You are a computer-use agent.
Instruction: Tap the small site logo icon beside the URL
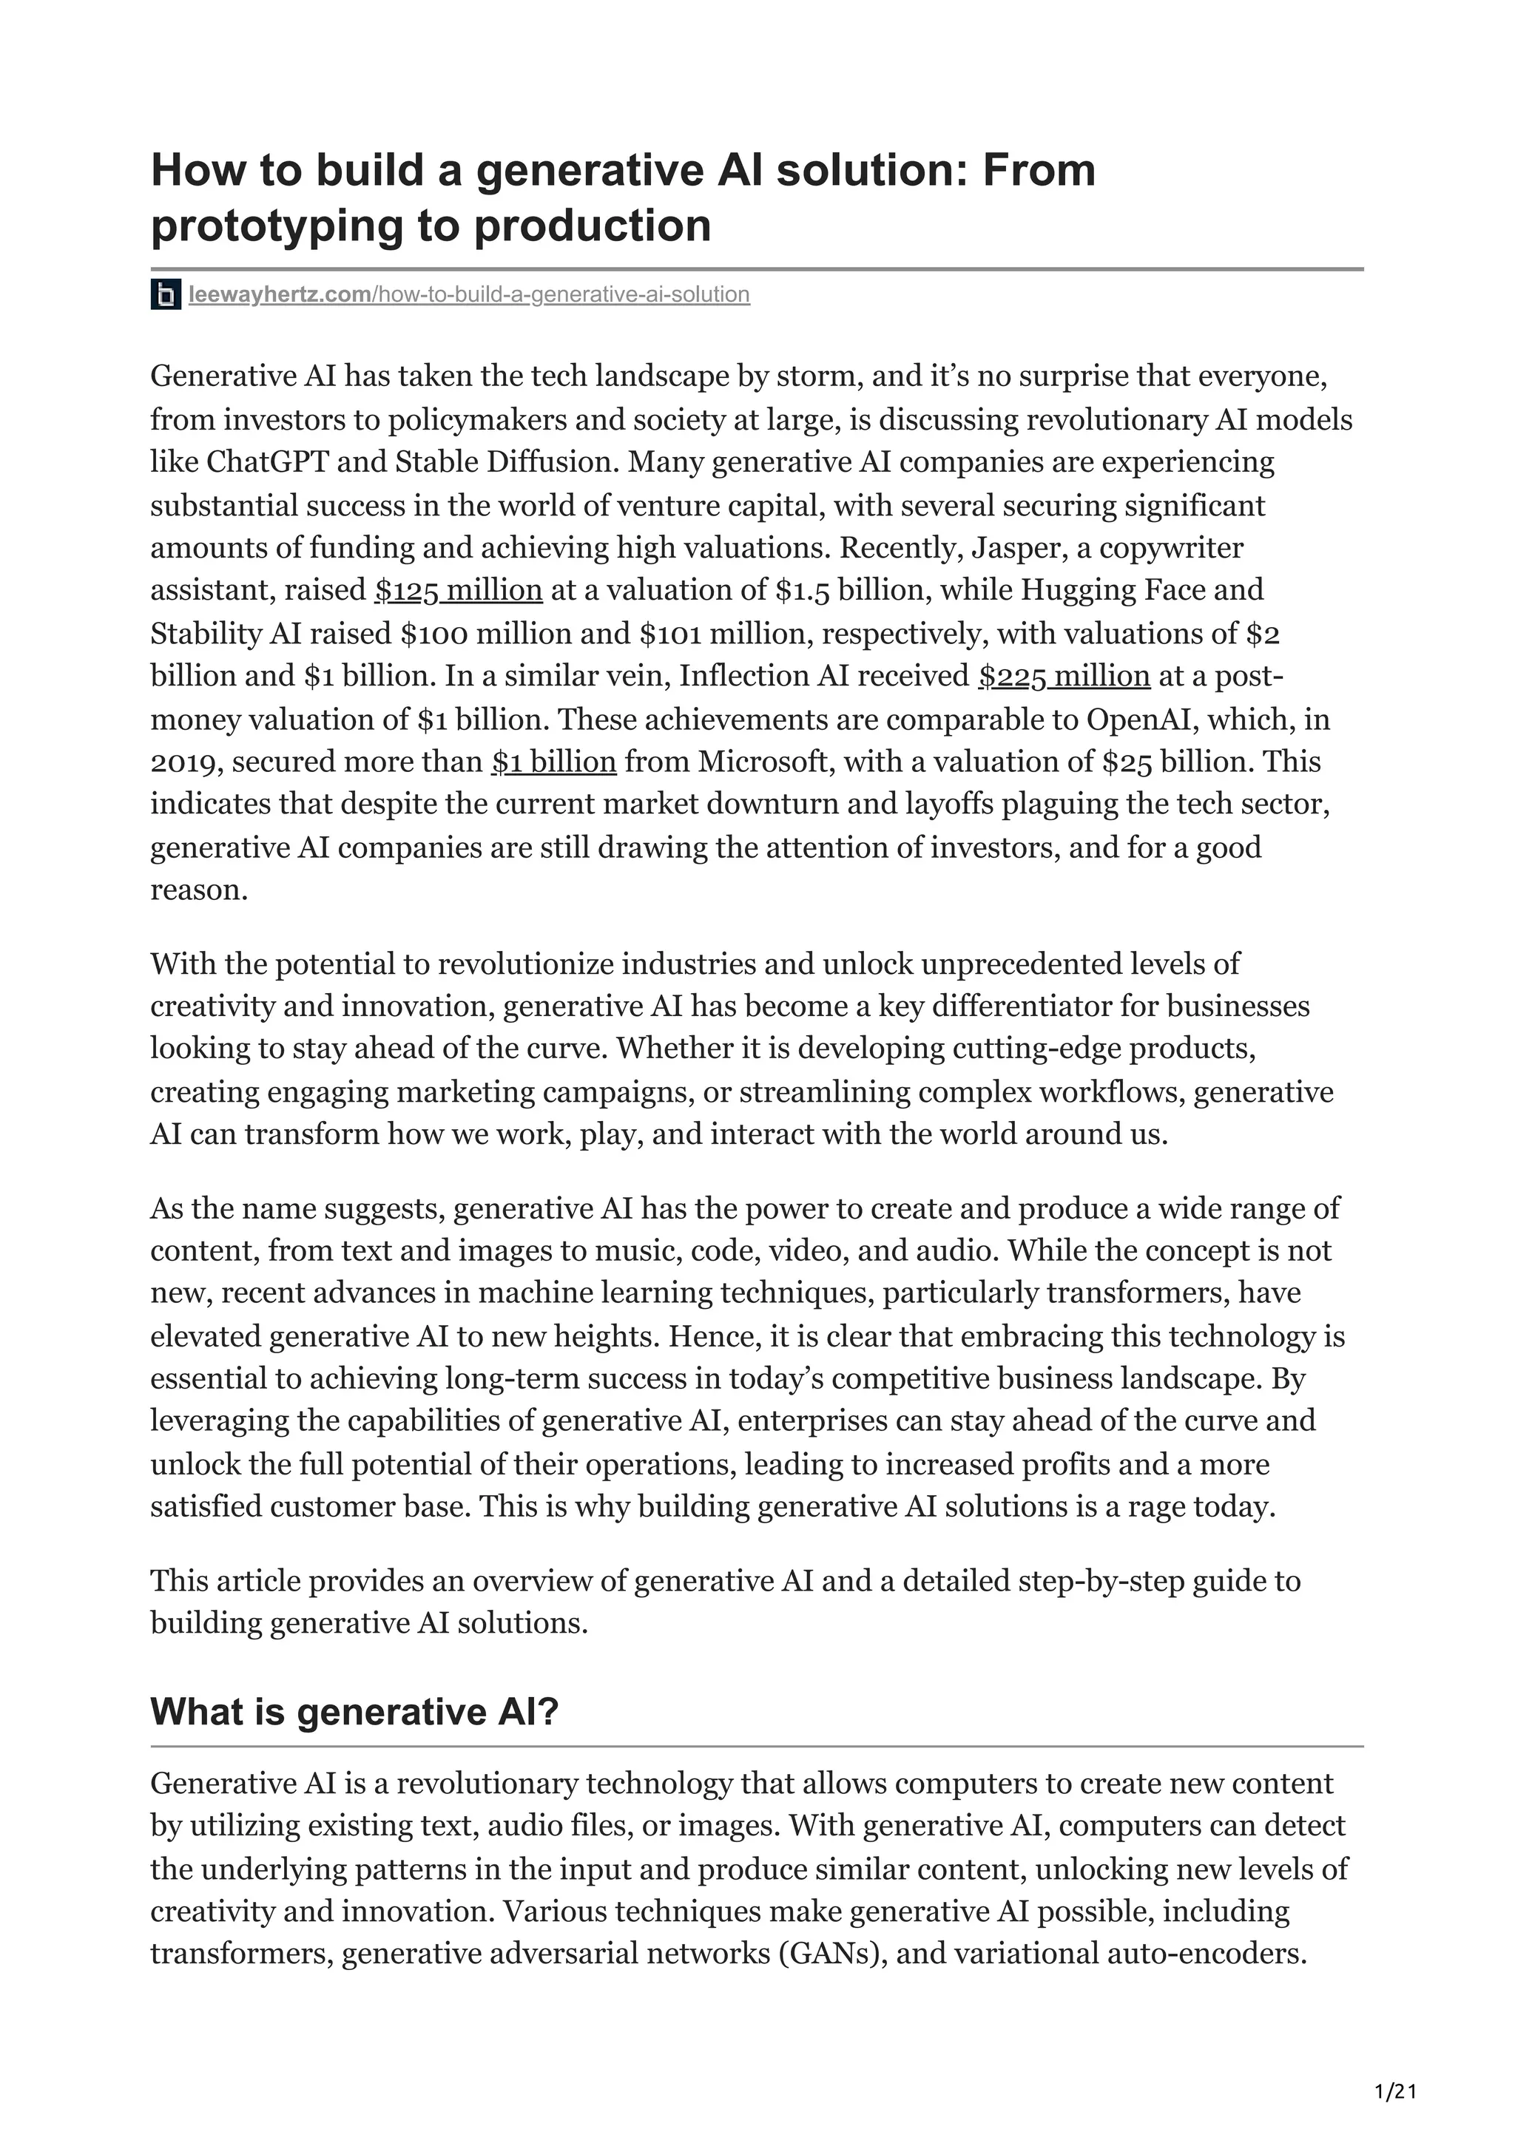tap(165, 295)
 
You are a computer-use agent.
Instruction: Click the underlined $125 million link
tap(459, 591)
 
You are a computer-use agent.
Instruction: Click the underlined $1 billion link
tap(553, 762)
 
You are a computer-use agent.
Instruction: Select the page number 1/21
tap(1395, 2093)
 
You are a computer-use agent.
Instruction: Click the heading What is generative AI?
tap(354, 1713)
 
